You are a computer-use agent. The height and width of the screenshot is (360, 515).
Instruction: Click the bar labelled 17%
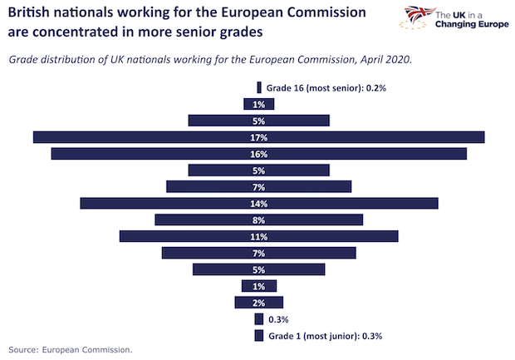[258, 137]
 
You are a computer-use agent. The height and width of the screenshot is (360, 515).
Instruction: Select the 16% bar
[258, 154]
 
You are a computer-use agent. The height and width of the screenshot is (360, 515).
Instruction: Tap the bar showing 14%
[258, 203]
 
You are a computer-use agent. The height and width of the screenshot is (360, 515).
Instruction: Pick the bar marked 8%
[258, 219]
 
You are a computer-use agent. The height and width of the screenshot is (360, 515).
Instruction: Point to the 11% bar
[258, 236]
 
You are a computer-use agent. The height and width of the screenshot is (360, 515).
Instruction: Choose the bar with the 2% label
[258, 303]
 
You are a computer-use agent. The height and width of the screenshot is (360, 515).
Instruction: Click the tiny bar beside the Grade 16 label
[259, 87]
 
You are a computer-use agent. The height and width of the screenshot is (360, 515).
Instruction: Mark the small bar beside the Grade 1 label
[259, 336]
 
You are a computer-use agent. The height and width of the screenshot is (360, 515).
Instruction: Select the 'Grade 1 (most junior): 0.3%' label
[325, 336]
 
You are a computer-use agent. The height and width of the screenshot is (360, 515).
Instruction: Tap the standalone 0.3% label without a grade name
[278, 319]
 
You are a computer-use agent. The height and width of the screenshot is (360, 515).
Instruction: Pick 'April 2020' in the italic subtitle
[383, 60]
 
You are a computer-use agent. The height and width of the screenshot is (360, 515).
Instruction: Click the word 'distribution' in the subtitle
[76, 60]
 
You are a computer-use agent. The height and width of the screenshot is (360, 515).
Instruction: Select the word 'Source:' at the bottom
[22, 350]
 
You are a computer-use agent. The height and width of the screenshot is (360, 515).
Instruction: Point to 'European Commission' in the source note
[86, 350]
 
